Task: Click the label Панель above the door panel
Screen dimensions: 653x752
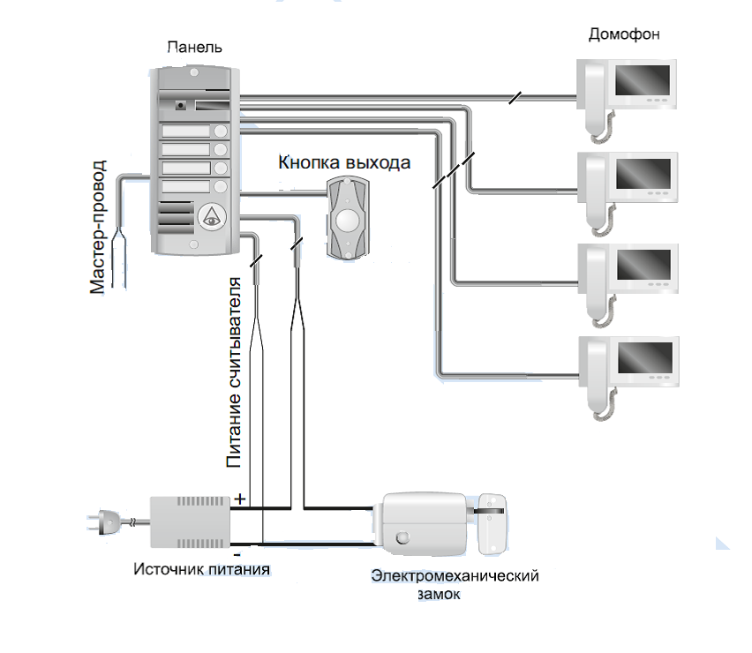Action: (x=188, y=47)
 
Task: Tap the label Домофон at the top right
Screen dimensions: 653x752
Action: (x=624, y=34)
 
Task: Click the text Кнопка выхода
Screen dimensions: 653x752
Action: (x=344, y=163)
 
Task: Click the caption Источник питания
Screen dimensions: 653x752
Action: (x=202, y=567)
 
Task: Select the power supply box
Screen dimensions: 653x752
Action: (x=190, y=522)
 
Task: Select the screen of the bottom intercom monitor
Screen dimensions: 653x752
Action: (x=643, y=359)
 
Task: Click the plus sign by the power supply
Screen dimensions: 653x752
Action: (x=239, y=499)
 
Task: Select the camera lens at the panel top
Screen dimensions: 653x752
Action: (x=181, y=105)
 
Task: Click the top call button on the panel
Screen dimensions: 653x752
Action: (x=219, y=132)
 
